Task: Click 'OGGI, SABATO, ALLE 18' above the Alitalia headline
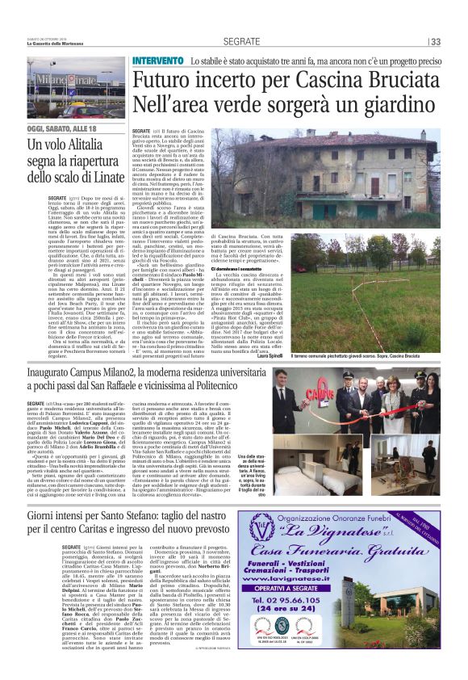(60, 129)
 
